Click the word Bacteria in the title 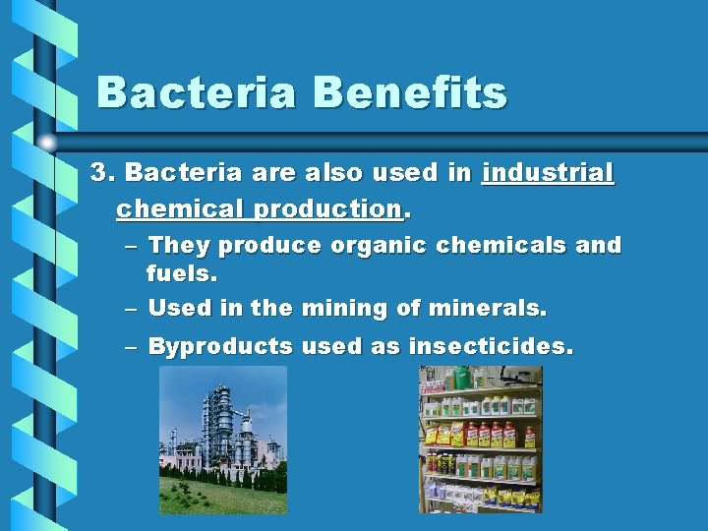[197, 93]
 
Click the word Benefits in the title [410, 93]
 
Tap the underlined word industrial [548, 174]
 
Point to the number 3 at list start [100, 174]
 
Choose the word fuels [181, 272]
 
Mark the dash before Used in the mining [131, 309]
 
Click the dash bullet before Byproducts [131, 346]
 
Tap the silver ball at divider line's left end [48, 143]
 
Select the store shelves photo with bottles [480, 439]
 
